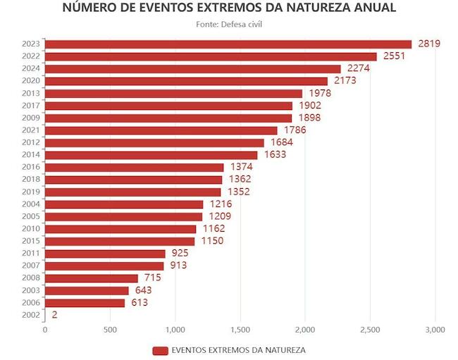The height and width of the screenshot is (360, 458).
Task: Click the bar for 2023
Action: point(228,44)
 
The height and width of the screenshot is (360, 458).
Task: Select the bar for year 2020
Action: point(186,81)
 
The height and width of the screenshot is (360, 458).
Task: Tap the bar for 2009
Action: point(168,118)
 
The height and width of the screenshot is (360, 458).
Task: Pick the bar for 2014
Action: point(151,155)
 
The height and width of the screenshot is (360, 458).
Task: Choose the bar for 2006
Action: point(85,302)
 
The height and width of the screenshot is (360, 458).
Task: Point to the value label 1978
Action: point(321,93)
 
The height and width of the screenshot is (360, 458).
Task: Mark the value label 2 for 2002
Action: point(54,315)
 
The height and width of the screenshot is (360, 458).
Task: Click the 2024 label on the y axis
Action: point(31,68)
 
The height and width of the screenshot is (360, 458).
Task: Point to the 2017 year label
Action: point(31,106)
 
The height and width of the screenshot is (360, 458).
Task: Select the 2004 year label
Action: point(31,204)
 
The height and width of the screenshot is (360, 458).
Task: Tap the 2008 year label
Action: point(31,278)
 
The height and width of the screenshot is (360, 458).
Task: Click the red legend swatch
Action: point(160,350)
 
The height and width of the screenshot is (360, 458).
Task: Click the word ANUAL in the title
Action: point(371,8)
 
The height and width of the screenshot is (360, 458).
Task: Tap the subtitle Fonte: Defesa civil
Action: point(229,25)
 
